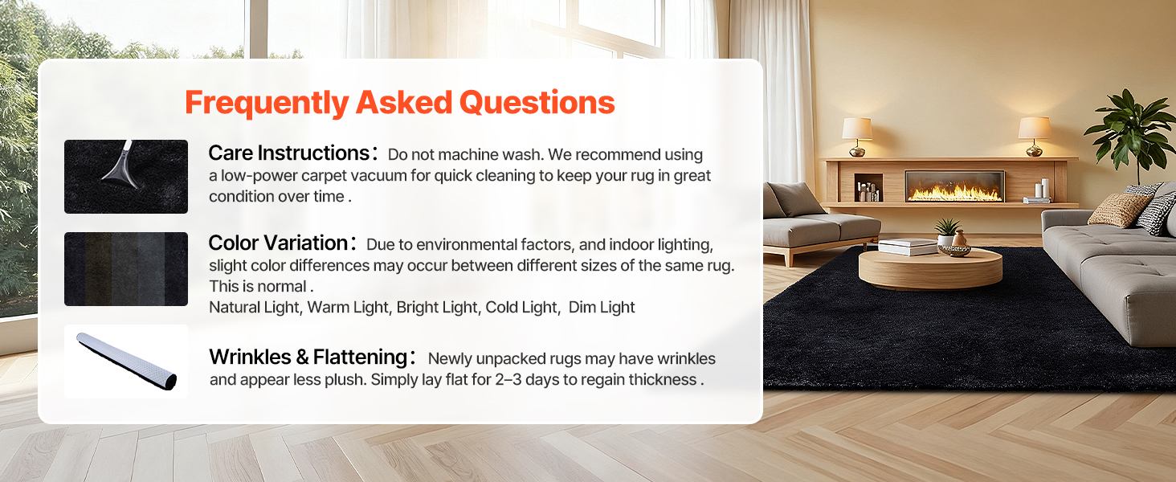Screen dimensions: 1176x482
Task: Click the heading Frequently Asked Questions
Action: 399,102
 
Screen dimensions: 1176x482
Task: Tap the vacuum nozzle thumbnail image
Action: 126,177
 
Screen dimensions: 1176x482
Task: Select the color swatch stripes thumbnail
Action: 126,269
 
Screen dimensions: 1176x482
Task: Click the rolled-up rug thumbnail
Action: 126,361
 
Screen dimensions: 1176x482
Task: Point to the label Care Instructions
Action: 289,153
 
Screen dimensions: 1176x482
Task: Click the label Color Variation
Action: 278,243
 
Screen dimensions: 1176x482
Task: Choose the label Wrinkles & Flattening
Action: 308,357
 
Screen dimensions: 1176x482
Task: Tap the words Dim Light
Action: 602,307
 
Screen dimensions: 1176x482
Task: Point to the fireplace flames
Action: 954,193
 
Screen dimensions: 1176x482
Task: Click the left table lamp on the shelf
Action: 857,137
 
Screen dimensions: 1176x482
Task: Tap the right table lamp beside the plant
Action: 1035,137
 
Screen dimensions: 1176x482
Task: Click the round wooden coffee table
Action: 930,268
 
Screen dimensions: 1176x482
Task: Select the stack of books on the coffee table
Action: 908,247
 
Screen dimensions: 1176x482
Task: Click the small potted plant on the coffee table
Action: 946,231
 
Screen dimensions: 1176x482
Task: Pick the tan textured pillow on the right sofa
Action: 1118,210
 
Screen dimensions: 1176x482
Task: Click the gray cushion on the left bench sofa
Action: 796,199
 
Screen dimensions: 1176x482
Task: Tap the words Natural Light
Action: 255,307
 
